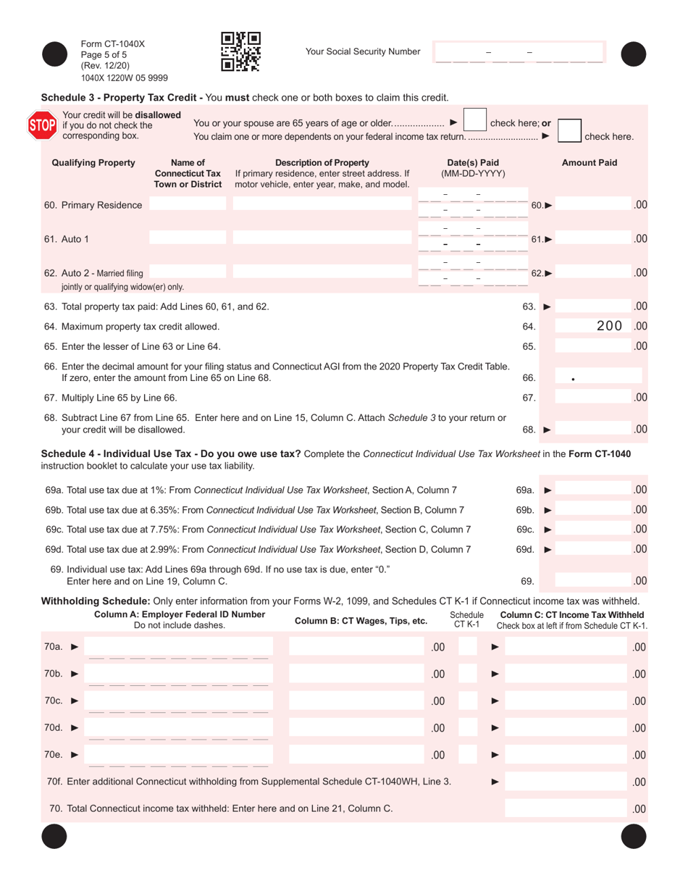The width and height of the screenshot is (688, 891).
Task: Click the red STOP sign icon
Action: [41, 125]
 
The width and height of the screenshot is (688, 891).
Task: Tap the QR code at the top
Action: [240, 51]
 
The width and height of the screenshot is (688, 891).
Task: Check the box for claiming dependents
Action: [569, 130]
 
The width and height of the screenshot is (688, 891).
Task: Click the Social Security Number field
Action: [518, 52]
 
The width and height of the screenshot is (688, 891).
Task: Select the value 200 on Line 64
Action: [609, 326]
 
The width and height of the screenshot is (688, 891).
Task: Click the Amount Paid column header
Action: [590, 163]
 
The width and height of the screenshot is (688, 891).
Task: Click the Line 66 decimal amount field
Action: [598, 377]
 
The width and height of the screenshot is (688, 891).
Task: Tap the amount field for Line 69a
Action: [592, 490]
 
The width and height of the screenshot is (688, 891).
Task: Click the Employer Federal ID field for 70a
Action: [178, 647]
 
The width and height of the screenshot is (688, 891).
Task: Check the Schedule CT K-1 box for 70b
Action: [468, 674]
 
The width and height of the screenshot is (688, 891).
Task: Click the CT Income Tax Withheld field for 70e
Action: [566, 755]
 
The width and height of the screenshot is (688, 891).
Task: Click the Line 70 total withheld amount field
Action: [566, 808]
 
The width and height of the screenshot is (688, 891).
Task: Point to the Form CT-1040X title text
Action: [113, 43]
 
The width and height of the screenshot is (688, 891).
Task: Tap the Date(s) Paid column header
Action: [473, 168]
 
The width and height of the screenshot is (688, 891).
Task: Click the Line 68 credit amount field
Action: [592, 430]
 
